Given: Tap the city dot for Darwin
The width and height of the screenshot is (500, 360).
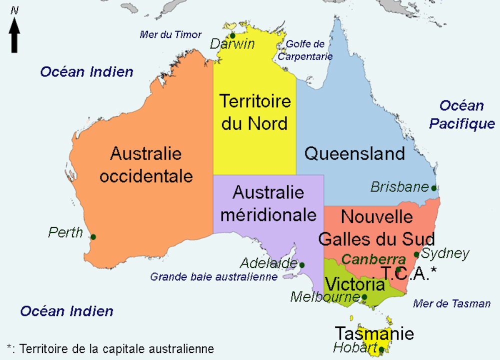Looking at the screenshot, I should point(232,35).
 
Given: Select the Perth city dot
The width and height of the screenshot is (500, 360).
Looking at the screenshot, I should point(93,236).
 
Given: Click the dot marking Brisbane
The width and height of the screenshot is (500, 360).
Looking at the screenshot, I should point(433,188).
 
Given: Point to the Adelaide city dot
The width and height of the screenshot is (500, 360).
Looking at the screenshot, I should point(301,264).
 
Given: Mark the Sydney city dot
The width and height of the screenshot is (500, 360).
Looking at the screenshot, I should point(416,254).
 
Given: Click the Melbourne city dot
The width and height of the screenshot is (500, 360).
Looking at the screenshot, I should point(364,297).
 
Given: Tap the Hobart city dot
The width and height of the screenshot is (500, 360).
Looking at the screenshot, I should point(381,349).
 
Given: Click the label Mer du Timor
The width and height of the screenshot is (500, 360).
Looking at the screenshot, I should point(170,35).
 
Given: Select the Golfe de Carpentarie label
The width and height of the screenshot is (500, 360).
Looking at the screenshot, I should point(305,50).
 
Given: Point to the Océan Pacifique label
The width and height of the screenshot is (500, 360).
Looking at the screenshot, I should point(461,114).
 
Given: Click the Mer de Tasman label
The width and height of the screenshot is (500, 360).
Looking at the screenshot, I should point(452,303).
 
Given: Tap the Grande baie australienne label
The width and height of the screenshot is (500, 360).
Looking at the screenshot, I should point(214,276).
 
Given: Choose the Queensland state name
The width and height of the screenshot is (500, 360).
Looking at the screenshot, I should point(354,153).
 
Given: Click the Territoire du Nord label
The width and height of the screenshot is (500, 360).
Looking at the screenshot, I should point(255,111).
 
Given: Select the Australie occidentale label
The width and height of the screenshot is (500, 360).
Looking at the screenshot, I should point(146,164).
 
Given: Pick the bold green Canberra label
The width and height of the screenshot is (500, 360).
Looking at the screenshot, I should point(373,259).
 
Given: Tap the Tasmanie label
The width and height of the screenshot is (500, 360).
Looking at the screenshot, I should point(374,333).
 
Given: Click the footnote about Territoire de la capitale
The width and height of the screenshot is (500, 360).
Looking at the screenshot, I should point(110,348).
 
